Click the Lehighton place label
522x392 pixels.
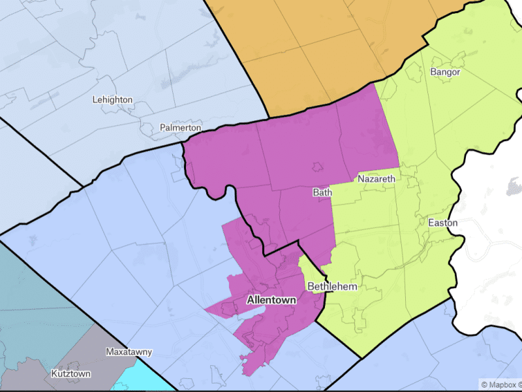(112, 100)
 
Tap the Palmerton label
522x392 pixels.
(180, 128)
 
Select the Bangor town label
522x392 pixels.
(445, 72)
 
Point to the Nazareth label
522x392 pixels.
(376, 178)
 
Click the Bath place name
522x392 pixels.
(322, 193)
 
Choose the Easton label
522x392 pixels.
(442, 223)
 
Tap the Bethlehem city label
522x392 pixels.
(332, 287)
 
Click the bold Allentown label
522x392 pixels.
(271, 301)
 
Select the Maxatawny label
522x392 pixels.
(129, 352)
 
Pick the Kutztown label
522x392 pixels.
(71, 374)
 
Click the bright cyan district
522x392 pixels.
(147, 382)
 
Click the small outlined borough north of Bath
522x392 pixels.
(318, 168)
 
